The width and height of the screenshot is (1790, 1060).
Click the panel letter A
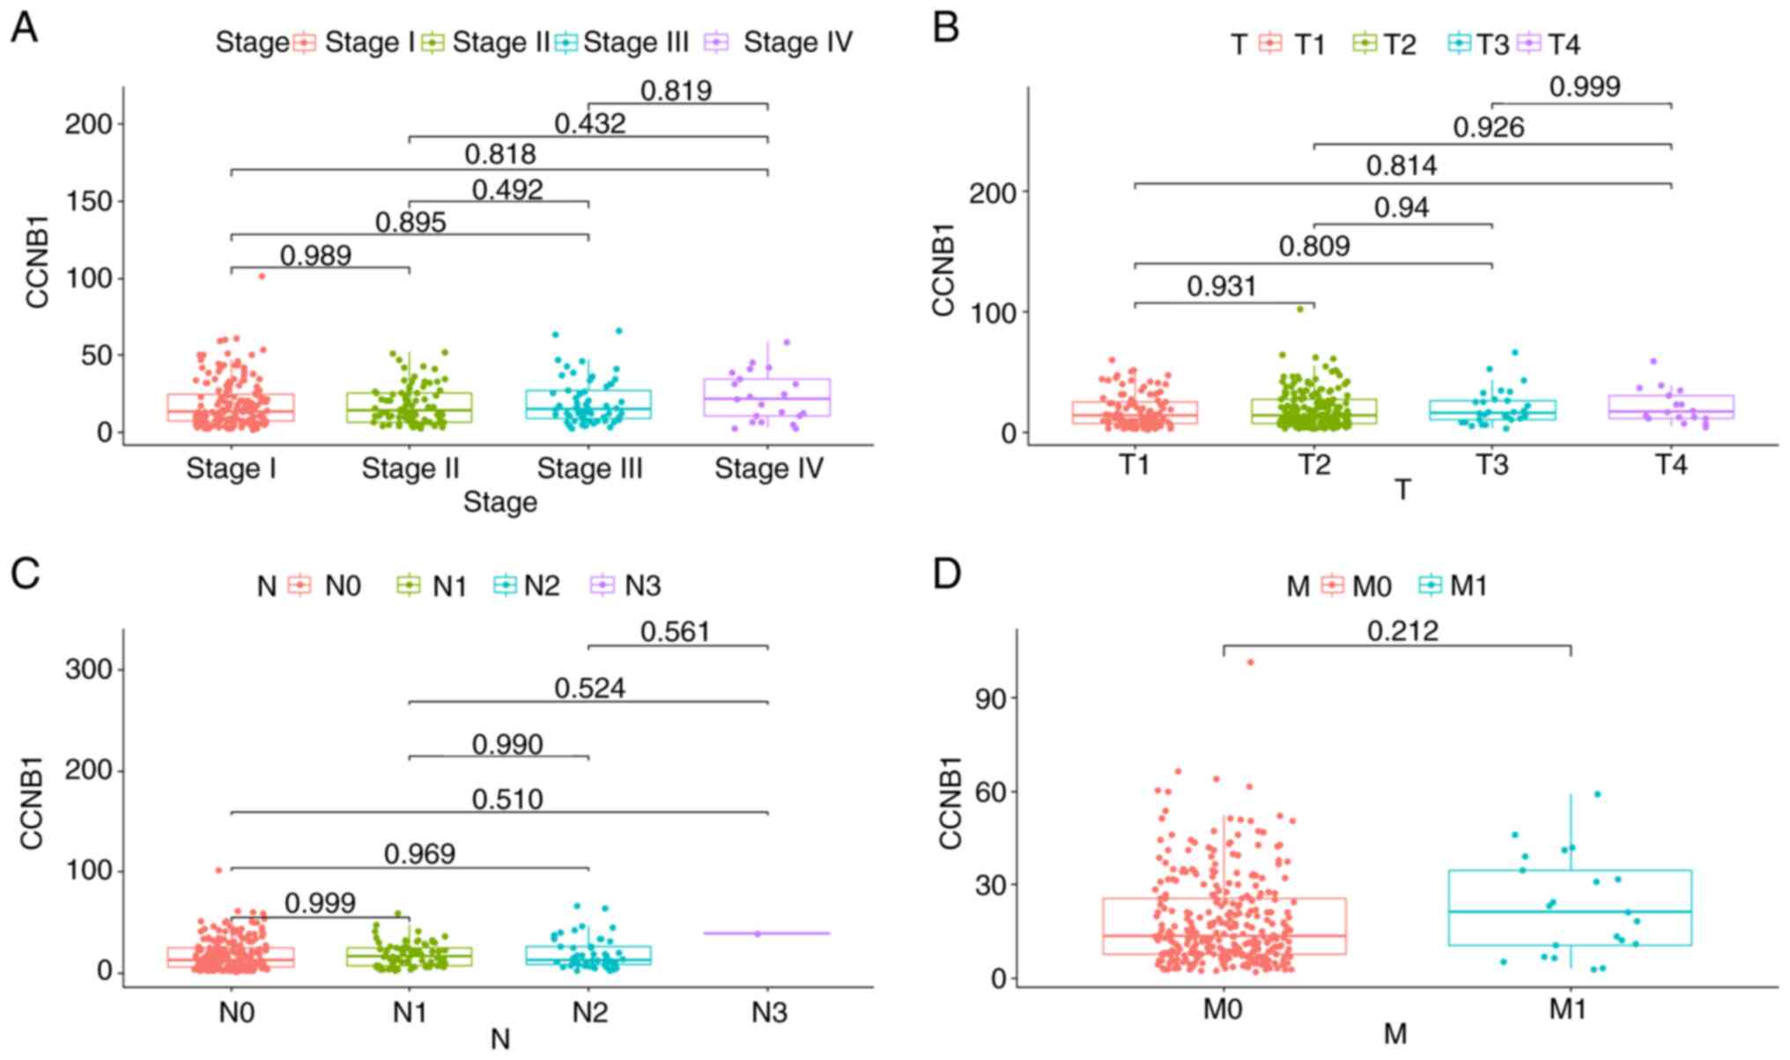[24, 28]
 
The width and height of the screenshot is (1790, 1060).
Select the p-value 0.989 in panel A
[315, 255]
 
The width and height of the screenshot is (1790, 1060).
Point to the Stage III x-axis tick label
[589, 468]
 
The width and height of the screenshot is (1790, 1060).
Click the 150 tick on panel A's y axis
[89, 202]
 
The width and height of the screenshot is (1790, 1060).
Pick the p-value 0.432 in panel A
[589, 123]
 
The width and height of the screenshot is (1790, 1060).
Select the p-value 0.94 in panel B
[1402, 208]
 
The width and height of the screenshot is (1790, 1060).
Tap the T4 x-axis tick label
[1670, 464]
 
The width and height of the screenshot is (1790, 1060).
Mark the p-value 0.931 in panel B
[1221, 286]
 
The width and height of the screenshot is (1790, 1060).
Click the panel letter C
[24, 573]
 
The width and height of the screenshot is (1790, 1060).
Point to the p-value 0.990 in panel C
[507, 745]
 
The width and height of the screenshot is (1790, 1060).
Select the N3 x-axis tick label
[768, 1012]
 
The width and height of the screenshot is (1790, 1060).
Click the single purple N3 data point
[758, 933]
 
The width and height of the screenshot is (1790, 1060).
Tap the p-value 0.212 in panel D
[1402, 631]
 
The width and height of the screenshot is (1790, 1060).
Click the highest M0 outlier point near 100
[1250, 662]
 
